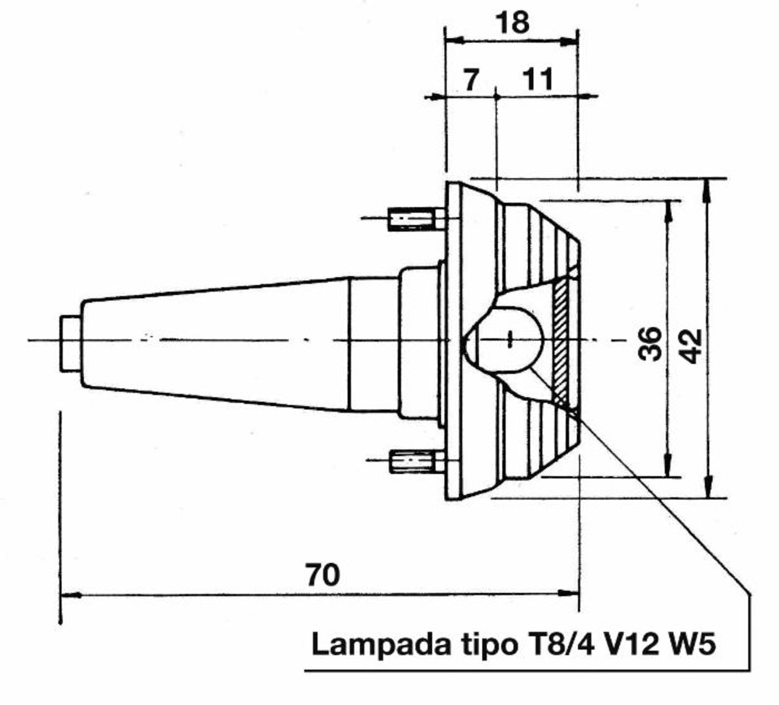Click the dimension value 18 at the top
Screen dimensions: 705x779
click(x=513, y=23)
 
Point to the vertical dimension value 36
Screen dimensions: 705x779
click(x=650, y=343)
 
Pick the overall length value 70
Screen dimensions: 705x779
click(x=323, y=575)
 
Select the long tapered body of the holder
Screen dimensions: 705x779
click(x=218, y=342)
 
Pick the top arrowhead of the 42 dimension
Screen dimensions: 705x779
click(x=707, y=184)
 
